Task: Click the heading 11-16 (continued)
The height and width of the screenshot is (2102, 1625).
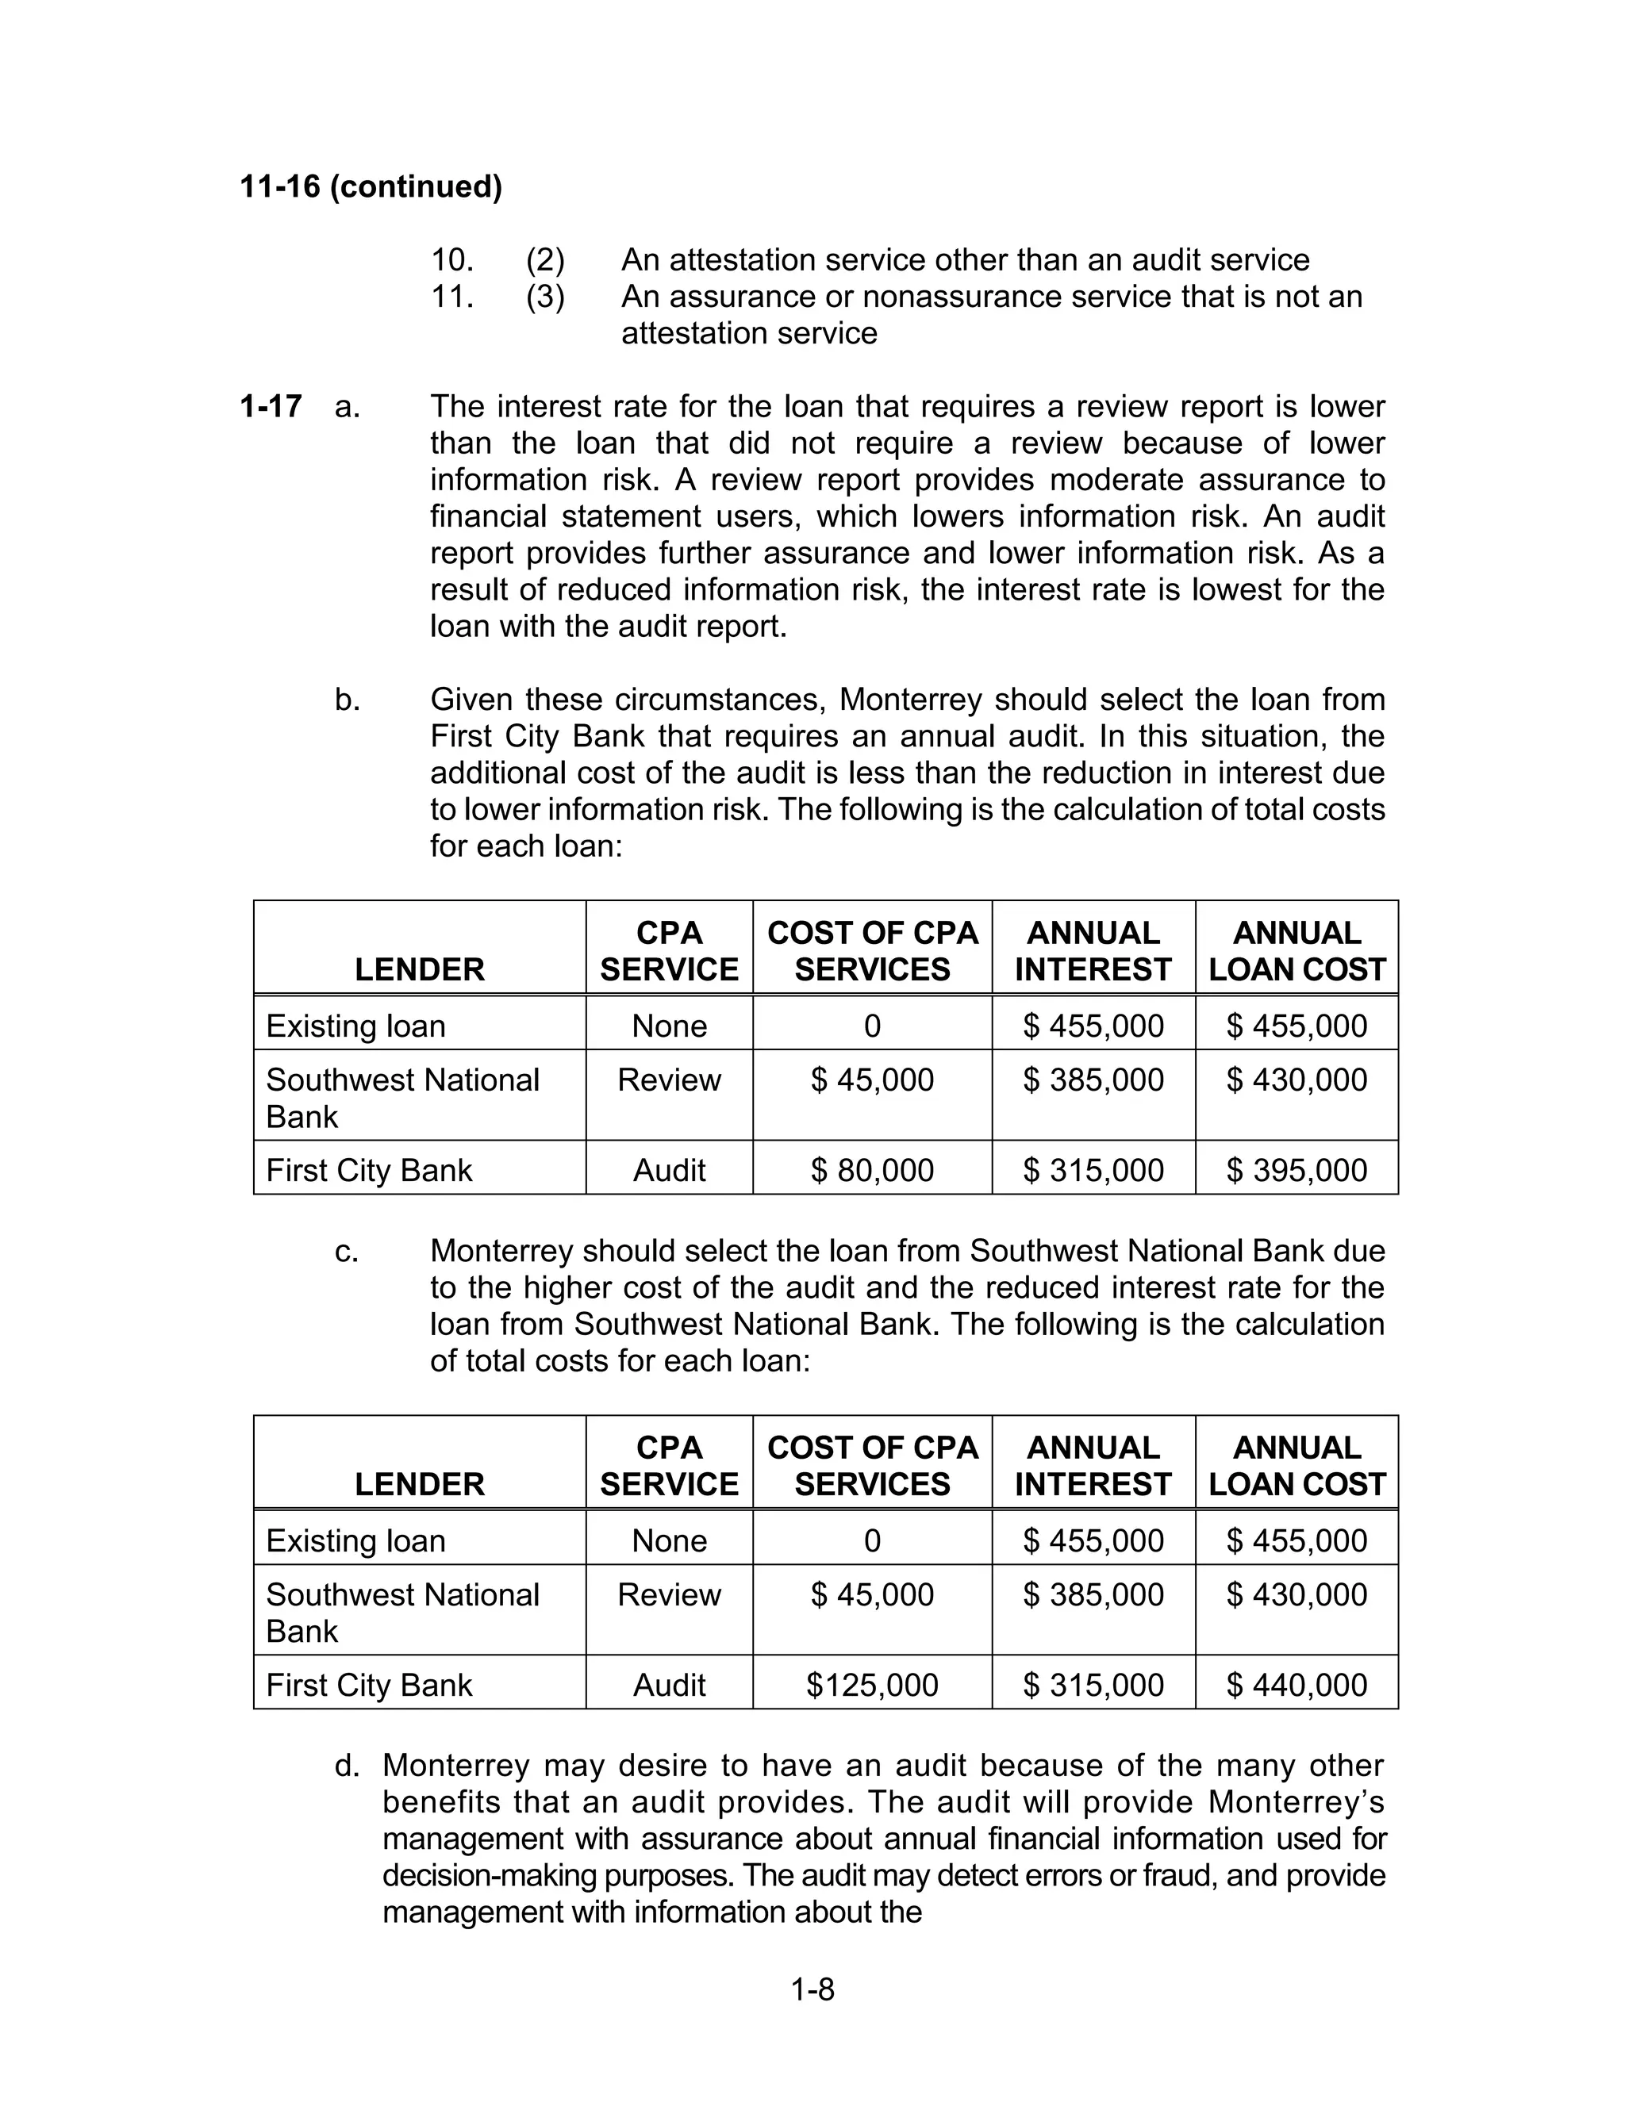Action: (371, 186)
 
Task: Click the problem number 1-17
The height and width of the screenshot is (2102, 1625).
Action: (271, 406)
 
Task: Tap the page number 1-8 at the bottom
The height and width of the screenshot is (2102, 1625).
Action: (812, 1989)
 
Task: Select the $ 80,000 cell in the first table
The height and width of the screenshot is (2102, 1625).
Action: (871, 1170)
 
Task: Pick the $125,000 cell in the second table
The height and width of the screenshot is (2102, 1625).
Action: (871, 1686)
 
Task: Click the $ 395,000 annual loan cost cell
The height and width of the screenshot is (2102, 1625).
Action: (1296, 1170)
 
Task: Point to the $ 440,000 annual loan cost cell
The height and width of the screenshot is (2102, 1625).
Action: (1296, 1686)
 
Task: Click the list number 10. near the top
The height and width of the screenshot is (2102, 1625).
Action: (452, 260)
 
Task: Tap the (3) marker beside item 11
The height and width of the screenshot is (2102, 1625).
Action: (545, 297)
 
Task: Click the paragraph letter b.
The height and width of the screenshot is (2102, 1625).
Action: (348, 700)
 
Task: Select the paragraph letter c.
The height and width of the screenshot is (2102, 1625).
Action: (347, 1251)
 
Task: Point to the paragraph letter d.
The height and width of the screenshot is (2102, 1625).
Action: (347, 1766)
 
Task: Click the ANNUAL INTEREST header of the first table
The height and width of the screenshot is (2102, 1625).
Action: (1093, 951)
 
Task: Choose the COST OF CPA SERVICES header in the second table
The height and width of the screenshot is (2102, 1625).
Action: (871, 1466)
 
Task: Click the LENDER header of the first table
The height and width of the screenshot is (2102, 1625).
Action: (419, 969)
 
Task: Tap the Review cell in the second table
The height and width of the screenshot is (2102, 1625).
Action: (668, 1595)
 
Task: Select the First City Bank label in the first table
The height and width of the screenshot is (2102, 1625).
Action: (369, 1170)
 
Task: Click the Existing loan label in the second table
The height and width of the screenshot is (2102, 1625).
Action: (355, 1541)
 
